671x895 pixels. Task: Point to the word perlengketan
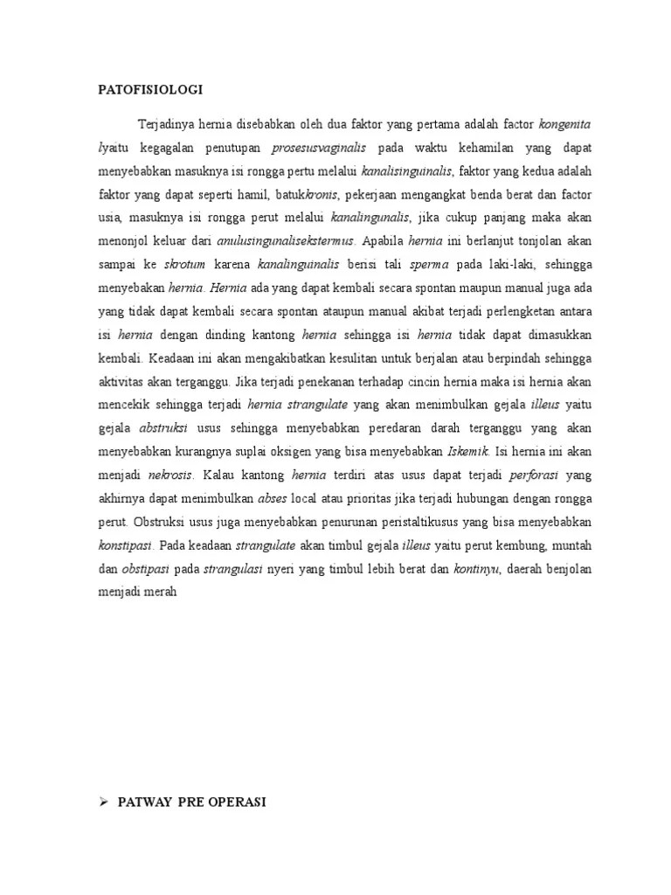(525, 310)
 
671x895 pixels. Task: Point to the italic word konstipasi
(126, 545)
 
